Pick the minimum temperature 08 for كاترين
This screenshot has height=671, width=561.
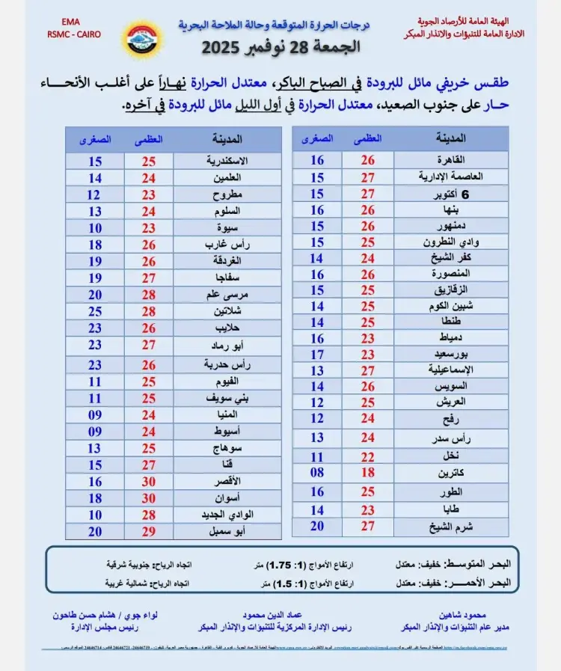tap(317, 473)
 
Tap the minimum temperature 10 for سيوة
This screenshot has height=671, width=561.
tap(94, 227)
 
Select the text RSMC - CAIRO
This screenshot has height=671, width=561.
tap(73, 34)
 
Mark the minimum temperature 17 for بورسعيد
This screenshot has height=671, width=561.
tap(317, 354)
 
